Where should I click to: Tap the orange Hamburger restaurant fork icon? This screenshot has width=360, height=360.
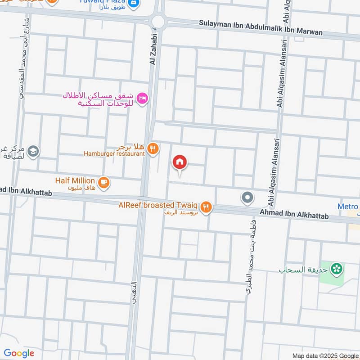coord(153,148)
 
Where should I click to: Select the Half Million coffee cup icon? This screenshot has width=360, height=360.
coord(104,182)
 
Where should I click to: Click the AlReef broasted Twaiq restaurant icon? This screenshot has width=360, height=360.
coord(206,207)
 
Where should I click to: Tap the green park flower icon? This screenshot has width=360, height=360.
coord(335,270)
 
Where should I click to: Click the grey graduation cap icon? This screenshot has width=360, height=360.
coord(33,151)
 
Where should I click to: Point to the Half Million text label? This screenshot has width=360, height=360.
coord(75,180)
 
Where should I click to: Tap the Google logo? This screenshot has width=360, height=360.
coord(19,353)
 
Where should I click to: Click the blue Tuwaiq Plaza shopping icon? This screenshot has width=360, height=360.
coord(133,4)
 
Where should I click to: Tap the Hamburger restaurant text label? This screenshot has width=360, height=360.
coord(114,153)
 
